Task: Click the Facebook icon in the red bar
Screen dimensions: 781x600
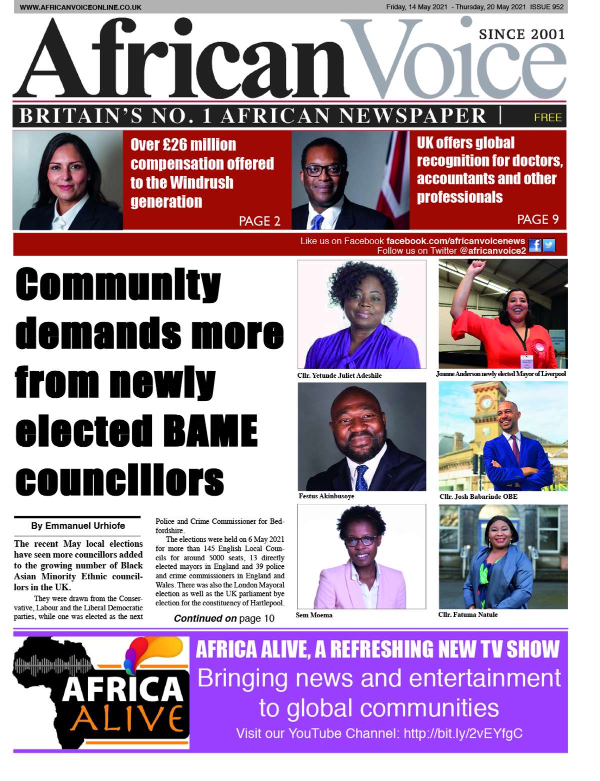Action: pos(534,246)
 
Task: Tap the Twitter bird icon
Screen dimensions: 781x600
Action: pos(548,246)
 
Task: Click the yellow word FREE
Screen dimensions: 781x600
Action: pos(547,118)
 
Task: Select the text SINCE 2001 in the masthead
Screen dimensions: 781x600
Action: pos(521,35)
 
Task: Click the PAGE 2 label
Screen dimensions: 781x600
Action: pos(259,221)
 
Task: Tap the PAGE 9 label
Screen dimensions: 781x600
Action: pos(537,219)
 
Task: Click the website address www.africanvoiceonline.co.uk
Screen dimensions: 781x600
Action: pos(80,8)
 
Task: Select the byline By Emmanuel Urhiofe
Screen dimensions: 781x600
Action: pos(78,526)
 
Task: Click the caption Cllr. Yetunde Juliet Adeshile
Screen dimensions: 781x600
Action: pos(339,375)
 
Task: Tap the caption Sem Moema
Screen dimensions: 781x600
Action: pos(314,615)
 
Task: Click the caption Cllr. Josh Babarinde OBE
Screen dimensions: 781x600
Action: pos(478,497)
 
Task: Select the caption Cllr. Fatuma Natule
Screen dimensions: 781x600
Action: pos(468,614)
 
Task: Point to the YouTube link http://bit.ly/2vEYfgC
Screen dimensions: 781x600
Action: pos(463,733)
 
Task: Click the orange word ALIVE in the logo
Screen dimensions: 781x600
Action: pos(126,718)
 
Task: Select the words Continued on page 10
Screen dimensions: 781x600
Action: pos(224,618)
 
